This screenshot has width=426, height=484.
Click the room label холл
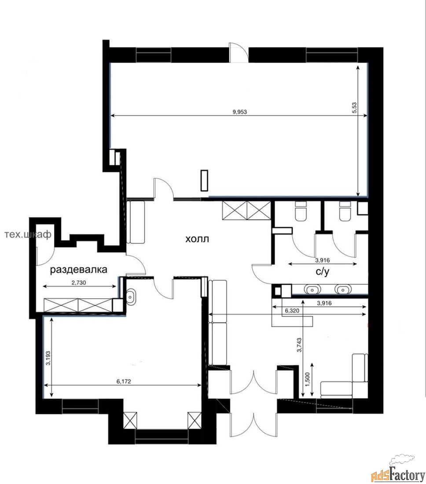coord(197,238)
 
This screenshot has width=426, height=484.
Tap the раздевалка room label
coord(78,269)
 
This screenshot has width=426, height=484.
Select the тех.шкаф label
coord(28,235)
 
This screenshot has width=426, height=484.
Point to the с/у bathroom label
coord(323,271)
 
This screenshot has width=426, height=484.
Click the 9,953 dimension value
coord(239,112)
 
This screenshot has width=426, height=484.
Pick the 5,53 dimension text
coord(354,108)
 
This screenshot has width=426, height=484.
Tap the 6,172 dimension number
coord(124,381)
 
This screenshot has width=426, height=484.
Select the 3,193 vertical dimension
coord(48,358)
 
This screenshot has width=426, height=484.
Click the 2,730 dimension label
coord(78,282)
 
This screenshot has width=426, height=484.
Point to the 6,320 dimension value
coord(292,311)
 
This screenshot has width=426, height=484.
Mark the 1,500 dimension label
coord(308,379)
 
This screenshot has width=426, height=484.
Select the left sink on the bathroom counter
coord(312,290)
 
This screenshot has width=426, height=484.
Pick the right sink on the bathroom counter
coord(343,290)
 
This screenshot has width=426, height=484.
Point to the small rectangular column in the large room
coord(204,180)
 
